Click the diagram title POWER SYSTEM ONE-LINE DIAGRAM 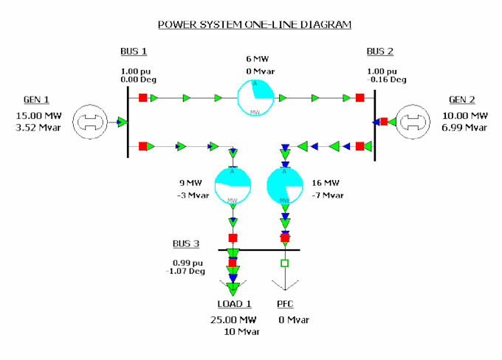click(255, 24)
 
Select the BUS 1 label click(134, 51)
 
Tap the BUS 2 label click(380, 51)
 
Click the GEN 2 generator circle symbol click(412, 122)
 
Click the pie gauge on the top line click(255, 97)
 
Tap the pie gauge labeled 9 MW click(233, 184)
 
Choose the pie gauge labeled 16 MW click(285, 184)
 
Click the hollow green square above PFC click(285, 263)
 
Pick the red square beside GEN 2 click(384, 122)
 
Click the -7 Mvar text click(328, 195)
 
